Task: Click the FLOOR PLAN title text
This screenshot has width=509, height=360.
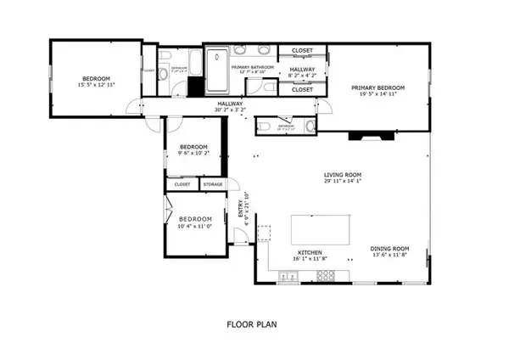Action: coord(254,323)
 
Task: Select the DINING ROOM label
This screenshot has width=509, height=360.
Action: coord(390,249)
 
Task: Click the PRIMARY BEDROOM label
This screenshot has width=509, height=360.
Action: coord(378,87)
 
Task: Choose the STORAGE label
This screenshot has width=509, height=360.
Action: coord(212,183)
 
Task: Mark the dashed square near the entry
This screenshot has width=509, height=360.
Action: coord(264,231)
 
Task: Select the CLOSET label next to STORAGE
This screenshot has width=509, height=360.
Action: coord(182,183)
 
